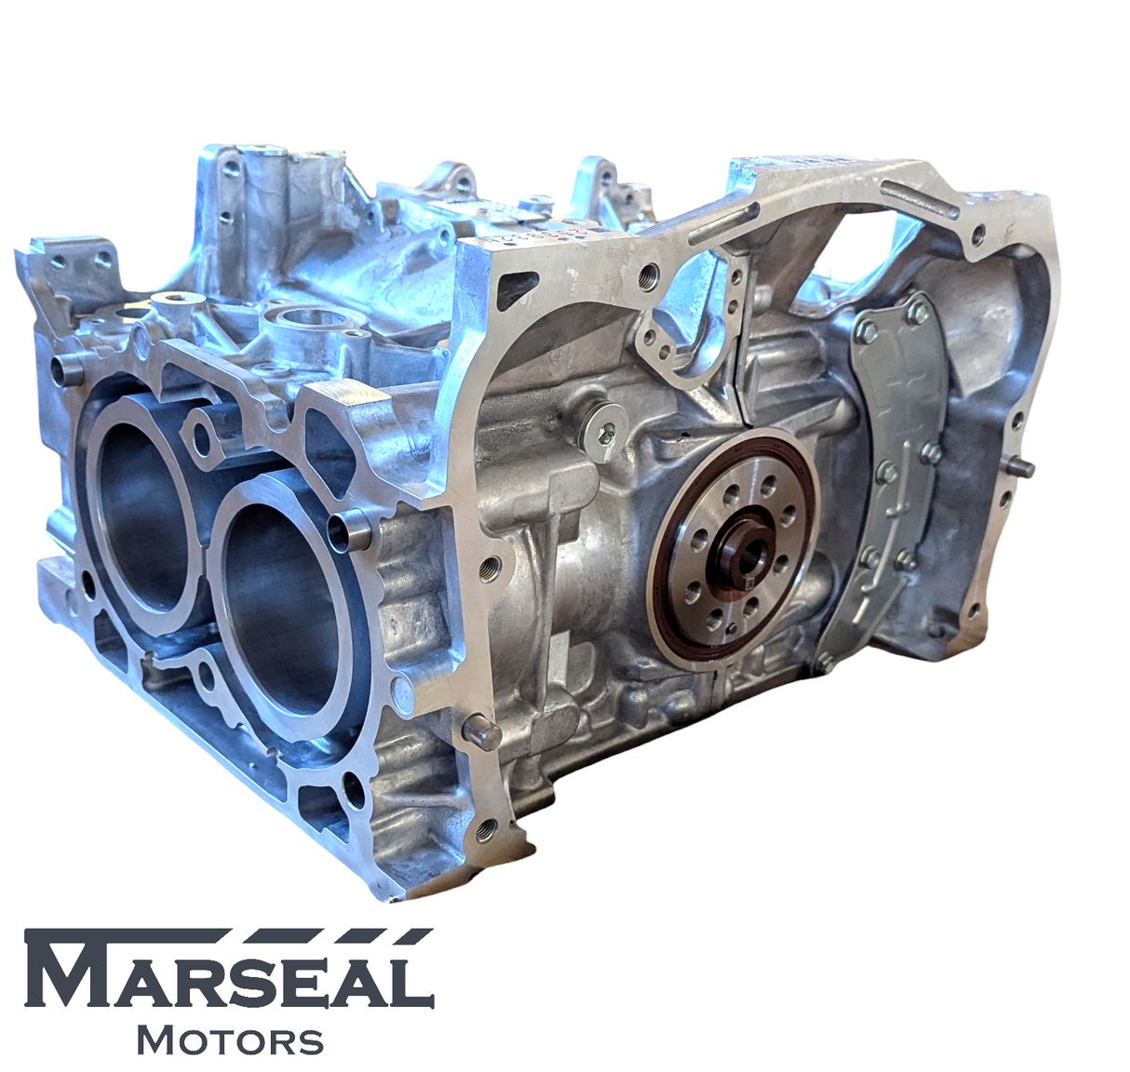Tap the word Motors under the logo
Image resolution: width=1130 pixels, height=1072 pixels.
point(230,1040)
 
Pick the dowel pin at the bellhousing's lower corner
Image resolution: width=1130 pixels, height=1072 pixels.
point(480,731)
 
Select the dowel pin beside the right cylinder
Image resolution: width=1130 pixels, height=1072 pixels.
point(357,530)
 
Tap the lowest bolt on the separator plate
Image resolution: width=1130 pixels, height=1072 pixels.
point(823,663)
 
